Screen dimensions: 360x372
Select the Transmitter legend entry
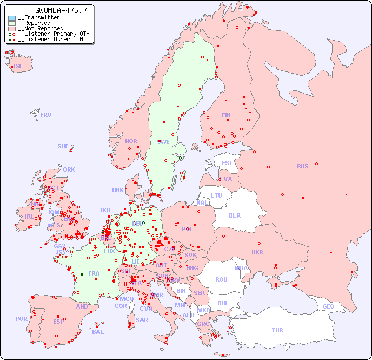pyautogui.click(x=41, y=18)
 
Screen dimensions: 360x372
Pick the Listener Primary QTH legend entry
pyautogui.click(x=51, y=34)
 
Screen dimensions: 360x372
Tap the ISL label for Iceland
pyautogui.click(x=18, y=67)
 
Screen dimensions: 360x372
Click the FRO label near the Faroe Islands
pyautogui.click(x=46, y=115)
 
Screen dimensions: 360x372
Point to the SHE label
pyautogui.click(x=63, y=146)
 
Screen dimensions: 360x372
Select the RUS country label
pyautogui.click(x=302, y=166)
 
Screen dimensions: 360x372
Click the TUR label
pyautogui.click(x=277, y=330)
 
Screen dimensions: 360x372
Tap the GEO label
pyautogui.click(x=328, y=306)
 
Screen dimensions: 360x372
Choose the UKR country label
pyautogui.click(x=257, y=252)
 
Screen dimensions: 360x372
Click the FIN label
pyautogui.click(x=226, y=115)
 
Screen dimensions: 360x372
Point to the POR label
pyautogui.click(x=21, y=319)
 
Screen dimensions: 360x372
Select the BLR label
pyautogui.click(x=235, y=215)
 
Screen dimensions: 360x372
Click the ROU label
pyautogui.click(x=221, y=279)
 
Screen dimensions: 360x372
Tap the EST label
pyautogui.click(x=227, y=163)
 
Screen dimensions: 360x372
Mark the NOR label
pyautogui.click(x=131, y=141)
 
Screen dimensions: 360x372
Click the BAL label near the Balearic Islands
pyautogui.click(x=98, y=332)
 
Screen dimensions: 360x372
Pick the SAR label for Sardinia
pyautogui.click(x=142, y=319)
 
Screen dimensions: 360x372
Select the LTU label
pyautogui.click(x=216, y=195)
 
